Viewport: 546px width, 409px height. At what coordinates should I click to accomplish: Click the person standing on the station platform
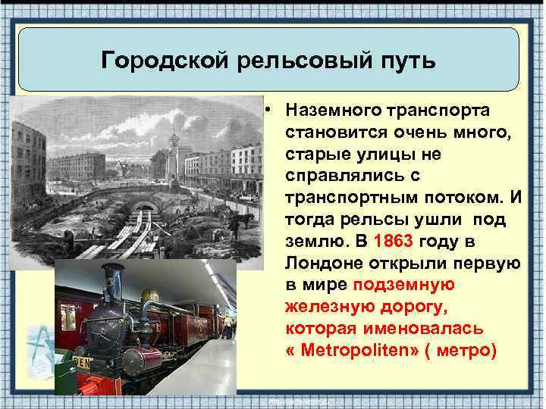coord(227,326)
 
